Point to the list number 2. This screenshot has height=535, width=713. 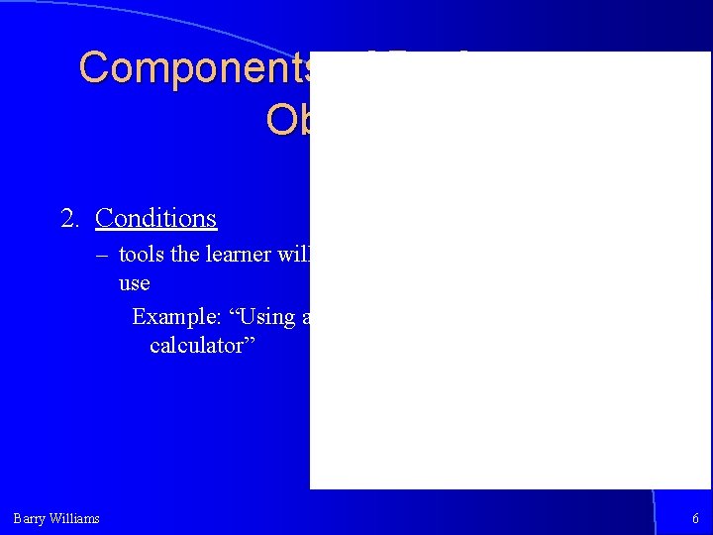(69, 218)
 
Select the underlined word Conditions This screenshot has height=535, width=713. (155, 218)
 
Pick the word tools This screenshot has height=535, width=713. (142, 255)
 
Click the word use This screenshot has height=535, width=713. (134, 283)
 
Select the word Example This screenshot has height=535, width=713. (166, 317)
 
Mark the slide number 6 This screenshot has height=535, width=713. (695, 518)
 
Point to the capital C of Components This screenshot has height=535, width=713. (95, 68)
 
